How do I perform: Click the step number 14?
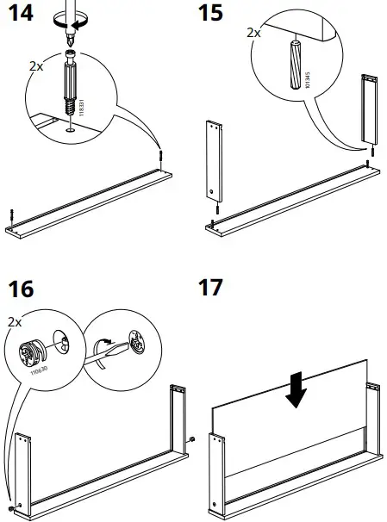click(x=20, y=16)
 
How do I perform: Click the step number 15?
click(x=209, y=16)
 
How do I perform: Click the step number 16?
click(x=20, y=289)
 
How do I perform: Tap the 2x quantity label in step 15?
click(x=253, y=32)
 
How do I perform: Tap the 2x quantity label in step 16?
click(x=15, y=321)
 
